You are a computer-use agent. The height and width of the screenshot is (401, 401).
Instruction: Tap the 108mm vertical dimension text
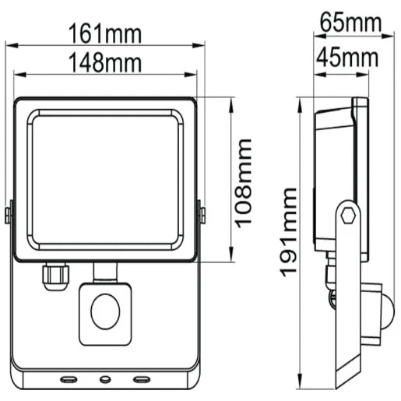pos(244,182)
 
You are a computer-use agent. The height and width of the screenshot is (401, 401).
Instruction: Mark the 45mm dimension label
pos(347,58)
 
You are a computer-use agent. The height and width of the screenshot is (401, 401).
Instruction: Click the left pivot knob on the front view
pos(9,213)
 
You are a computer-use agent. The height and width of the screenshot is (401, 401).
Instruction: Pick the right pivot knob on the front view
pos(201,213)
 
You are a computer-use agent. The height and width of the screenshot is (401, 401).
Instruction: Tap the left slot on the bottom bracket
pos(68,380)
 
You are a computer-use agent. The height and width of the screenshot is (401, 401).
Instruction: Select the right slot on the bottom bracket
pos(141,380)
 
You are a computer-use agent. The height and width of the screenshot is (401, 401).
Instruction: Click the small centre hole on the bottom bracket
pos(105,380)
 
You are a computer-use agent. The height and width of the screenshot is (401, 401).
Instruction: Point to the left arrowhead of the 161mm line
pos(8,45)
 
